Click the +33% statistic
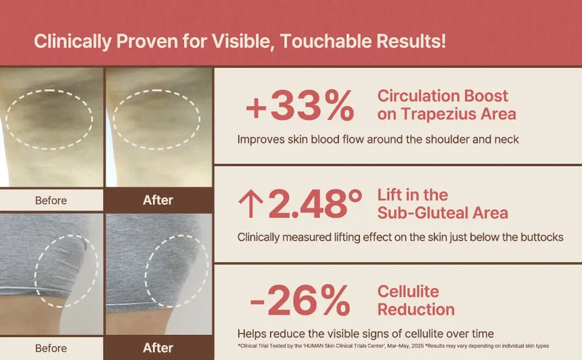300,106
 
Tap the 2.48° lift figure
315,204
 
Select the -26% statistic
300,300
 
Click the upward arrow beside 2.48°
251,204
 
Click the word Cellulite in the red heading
408,292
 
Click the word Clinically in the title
72,41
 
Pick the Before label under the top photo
51,200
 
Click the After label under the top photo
158,200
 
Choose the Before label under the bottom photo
51,348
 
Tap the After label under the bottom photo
158,348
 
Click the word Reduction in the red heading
416,309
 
